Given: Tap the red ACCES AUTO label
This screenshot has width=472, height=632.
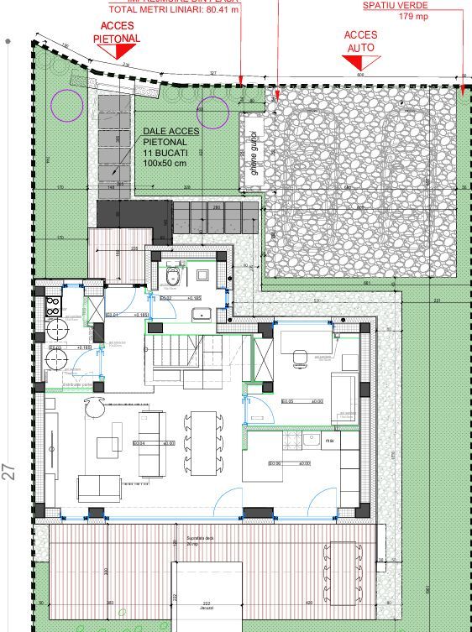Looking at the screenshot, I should (x=361, y=41).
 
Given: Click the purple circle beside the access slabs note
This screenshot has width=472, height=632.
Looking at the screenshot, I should (x=213, y=112).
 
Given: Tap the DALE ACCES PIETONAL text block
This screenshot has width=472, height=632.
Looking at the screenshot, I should (x=171, y=146).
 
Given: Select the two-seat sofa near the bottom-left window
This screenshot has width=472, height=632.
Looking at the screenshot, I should (x=99, y=487).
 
